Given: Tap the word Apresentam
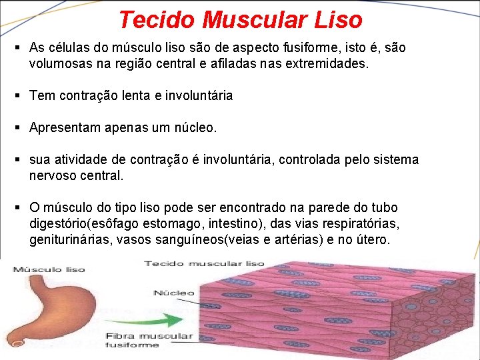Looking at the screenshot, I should point(65,127).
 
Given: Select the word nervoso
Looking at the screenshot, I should point(52,176).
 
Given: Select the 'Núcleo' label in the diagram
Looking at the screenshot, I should point(174,292).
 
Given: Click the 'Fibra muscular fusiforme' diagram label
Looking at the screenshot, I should point(149,340).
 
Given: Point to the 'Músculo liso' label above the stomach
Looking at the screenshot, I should point(47,269).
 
